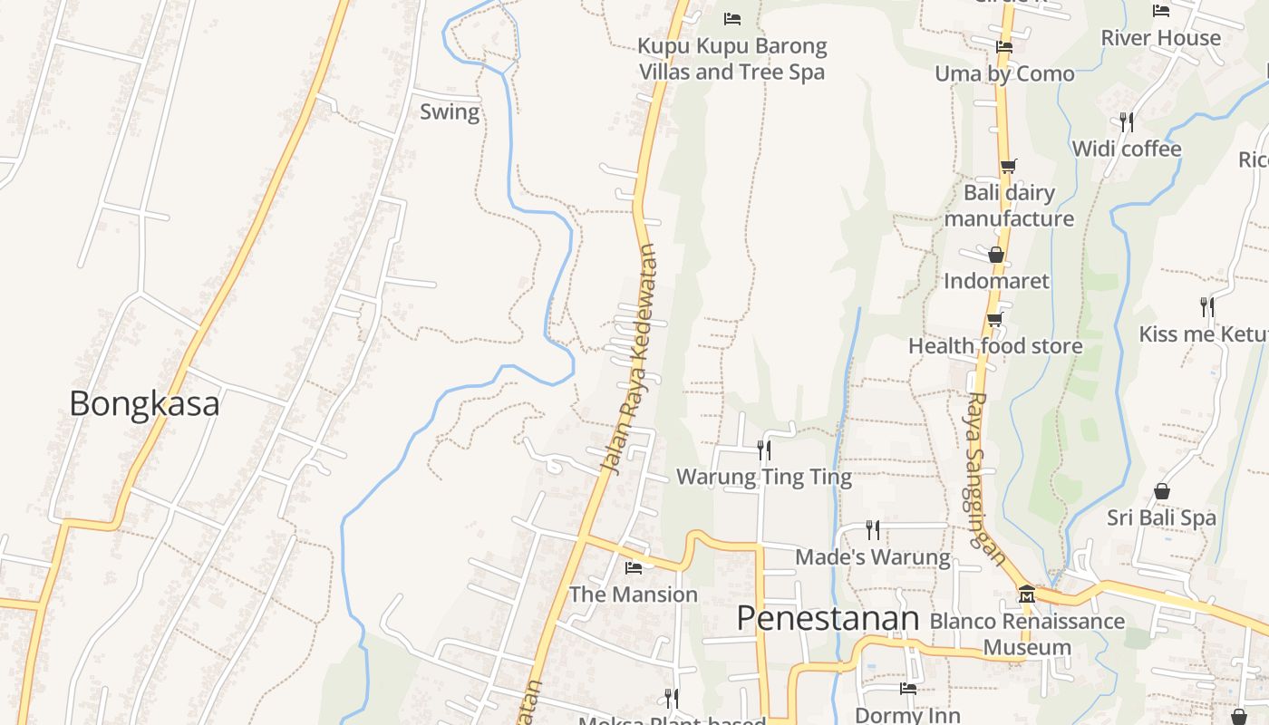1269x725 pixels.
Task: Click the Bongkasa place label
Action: (x=144, y=403)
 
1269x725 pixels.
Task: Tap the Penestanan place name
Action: (x=828, y=619)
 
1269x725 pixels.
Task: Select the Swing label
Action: (x=450, y=112)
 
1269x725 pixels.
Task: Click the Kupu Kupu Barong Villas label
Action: (x=732, y=59)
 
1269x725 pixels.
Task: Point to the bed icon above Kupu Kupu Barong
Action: (x=732, y=18)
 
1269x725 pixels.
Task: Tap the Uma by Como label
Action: (x=1004, y=73)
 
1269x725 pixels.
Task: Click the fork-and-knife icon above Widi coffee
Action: (x=1127, y=121)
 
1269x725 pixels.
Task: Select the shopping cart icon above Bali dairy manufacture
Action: (x=1008, y=166)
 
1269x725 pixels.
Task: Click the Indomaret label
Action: (x=996, y=281)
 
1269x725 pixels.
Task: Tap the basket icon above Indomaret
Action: (x=996, y=255)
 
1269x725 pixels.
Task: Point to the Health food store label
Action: (x=995, y=346)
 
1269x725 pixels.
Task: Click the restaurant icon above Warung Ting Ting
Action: (x=764, y=449)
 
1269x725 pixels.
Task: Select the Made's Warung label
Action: (x=873, y=557)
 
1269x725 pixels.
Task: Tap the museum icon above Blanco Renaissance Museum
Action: (x=1027, y=594)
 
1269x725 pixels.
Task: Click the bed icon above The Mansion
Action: (x=634, y=568)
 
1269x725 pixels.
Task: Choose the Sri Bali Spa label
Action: (x=1161, y=518)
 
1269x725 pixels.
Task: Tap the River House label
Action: (x=1161, y=38)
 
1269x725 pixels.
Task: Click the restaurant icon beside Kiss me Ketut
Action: (x=1207, y=307)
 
